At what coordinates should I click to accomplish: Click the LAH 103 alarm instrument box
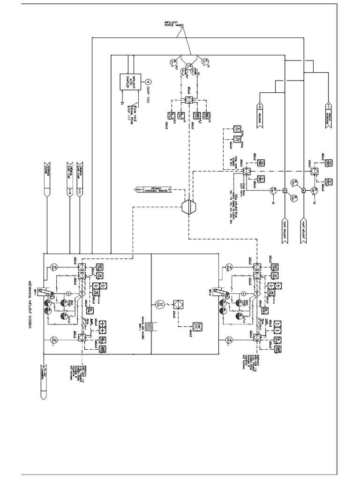[199, 326]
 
